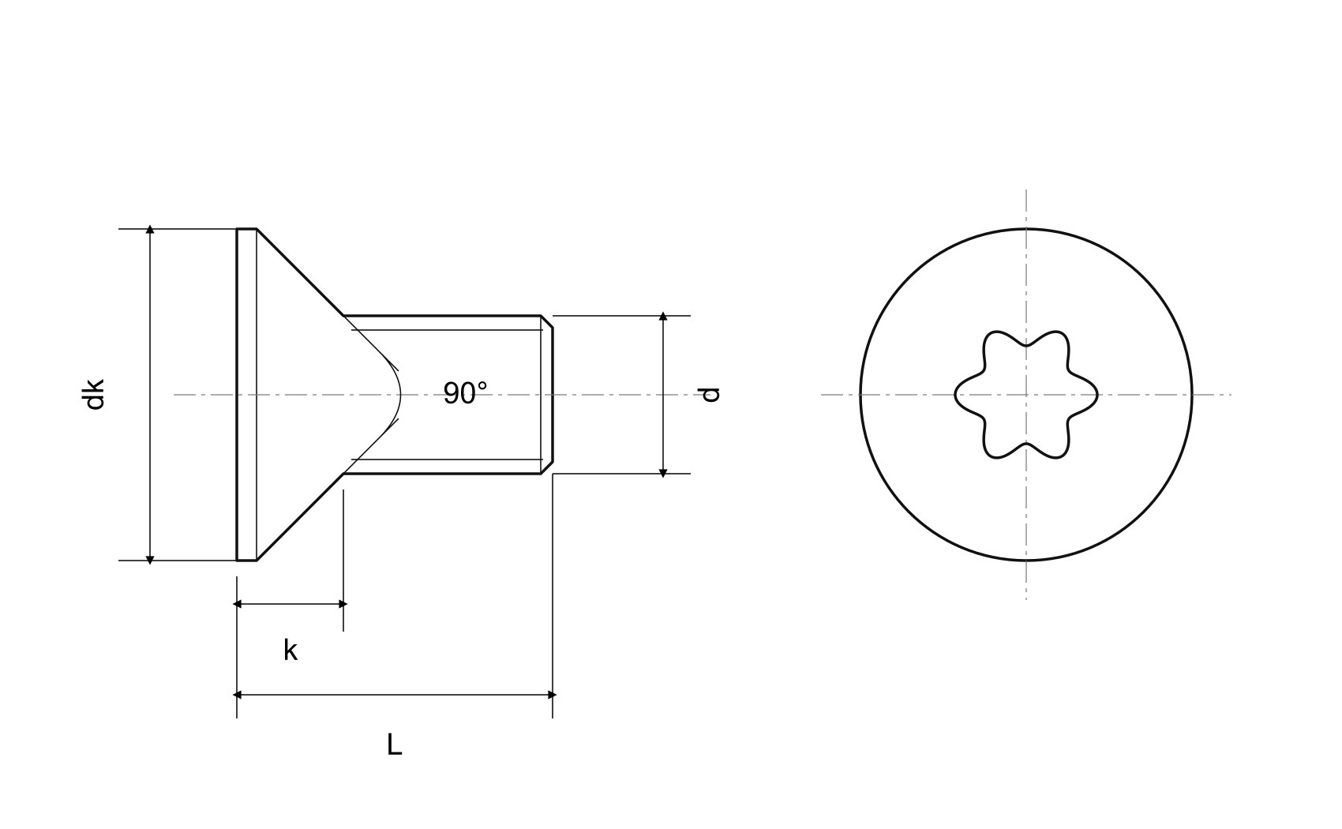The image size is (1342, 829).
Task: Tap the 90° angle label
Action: click(465, 393)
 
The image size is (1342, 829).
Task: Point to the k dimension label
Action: click(291, 650)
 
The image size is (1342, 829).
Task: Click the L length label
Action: click(394, 745)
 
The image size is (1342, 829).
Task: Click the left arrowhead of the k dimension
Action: click(237, 604)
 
